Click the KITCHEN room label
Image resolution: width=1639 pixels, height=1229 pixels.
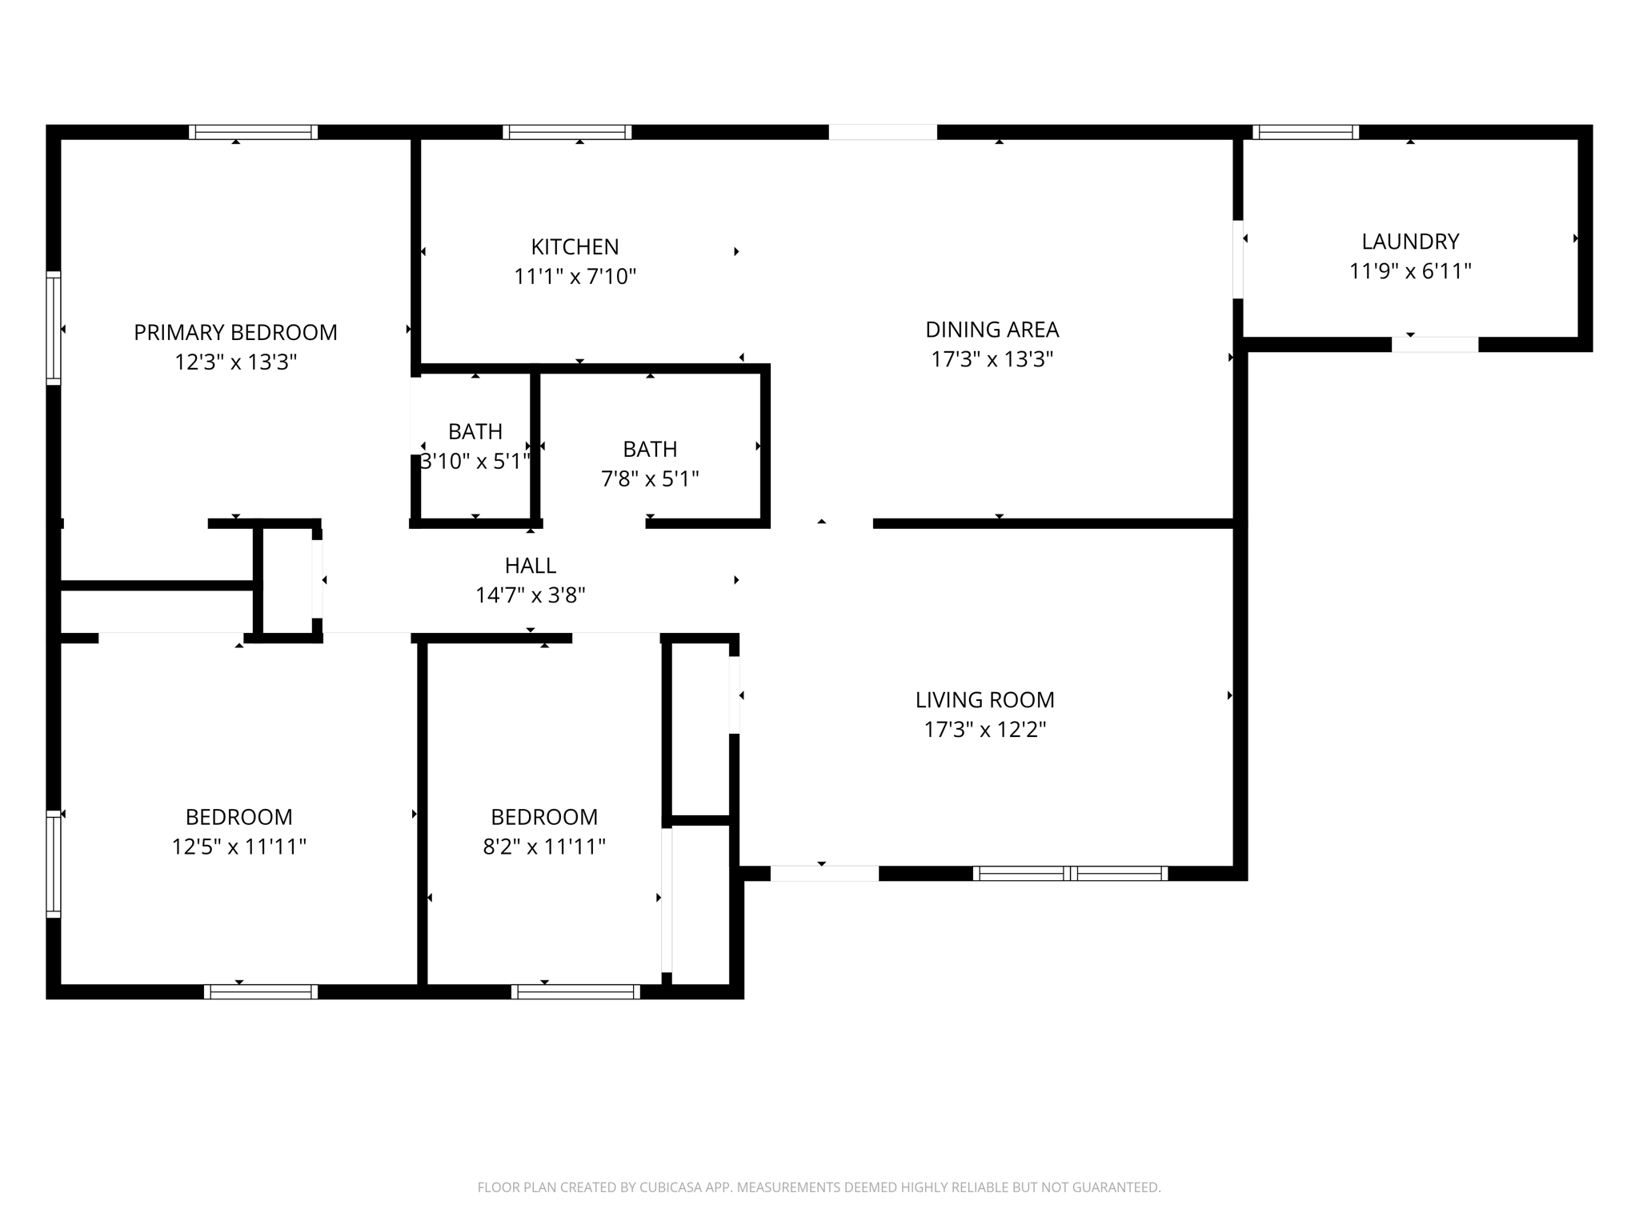click(575, 246)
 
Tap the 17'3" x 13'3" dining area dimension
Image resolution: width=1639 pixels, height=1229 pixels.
click(992, 359)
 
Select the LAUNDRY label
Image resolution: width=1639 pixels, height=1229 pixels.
click(1410, 241)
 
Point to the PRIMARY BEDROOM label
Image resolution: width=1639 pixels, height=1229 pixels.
click(235, 332)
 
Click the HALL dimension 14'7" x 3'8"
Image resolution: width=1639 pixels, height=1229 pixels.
click(530, 595)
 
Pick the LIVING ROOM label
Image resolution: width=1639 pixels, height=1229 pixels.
click(984, 699)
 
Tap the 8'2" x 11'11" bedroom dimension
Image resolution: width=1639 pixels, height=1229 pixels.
click(543, 847)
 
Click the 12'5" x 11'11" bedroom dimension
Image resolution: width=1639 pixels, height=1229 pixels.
click(238, 847)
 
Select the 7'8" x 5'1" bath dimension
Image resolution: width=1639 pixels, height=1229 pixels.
click(650, 478)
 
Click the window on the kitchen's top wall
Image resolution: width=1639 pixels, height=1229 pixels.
click(567, 132)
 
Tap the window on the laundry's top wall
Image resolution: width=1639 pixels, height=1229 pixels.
click(1305, 132)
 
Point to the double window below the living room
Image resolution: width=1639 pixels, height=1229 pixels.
click(1070, 873)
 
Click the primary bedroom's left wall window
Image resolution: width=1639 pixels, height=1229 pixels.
click(54, 328)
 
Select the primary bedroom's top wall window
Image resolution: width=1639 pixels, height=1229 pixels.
click(253, 132)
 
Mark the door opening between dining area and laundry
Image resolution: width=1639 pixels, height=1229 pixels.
click(1237, 259)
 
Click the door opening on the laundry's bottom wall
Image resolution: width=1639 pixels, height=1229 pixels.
click(1434, 345)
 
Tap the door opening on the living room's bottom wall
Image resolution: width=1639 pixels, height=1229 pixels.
click(824, 873)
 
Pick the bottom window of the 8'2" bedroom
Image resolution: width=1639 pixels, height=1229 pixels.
click(575, 992)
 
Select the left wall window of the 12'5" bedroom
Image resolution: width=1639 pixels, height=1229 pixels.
click(54, 863)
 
